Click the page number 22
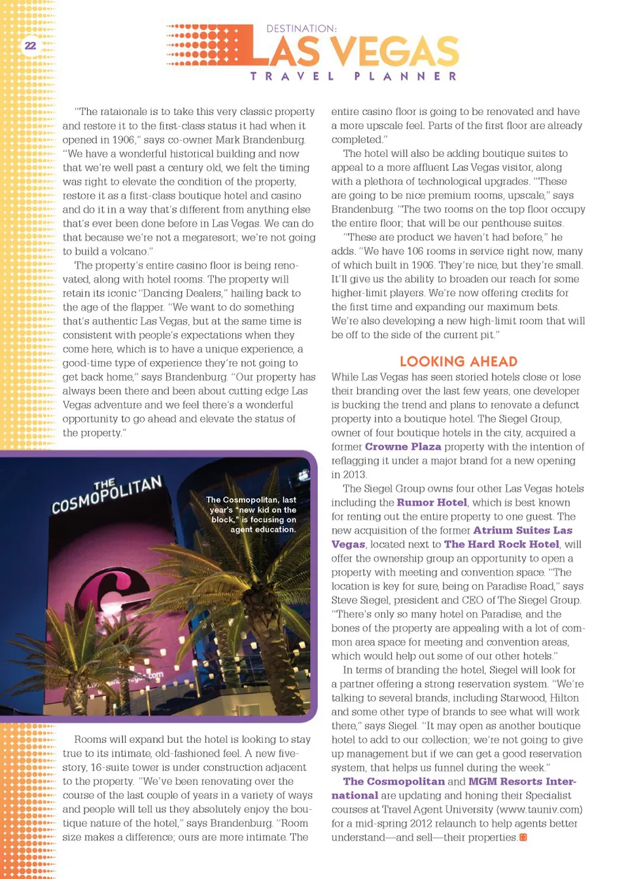[30, 46]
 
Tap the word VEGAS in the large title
[394, 52]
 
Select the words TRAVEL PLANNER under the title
[354, 77]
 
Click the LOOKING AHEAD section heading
[458, 362]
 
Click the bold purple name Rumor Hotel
[432, 502]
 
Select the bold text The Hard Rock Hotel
[501, 544]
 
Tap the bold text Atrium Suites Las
[523, 530]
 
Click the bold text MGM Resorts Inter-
[522, 782]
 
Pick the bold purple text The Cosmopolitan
[394, 782]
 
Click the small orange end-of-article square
[523, 838]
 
